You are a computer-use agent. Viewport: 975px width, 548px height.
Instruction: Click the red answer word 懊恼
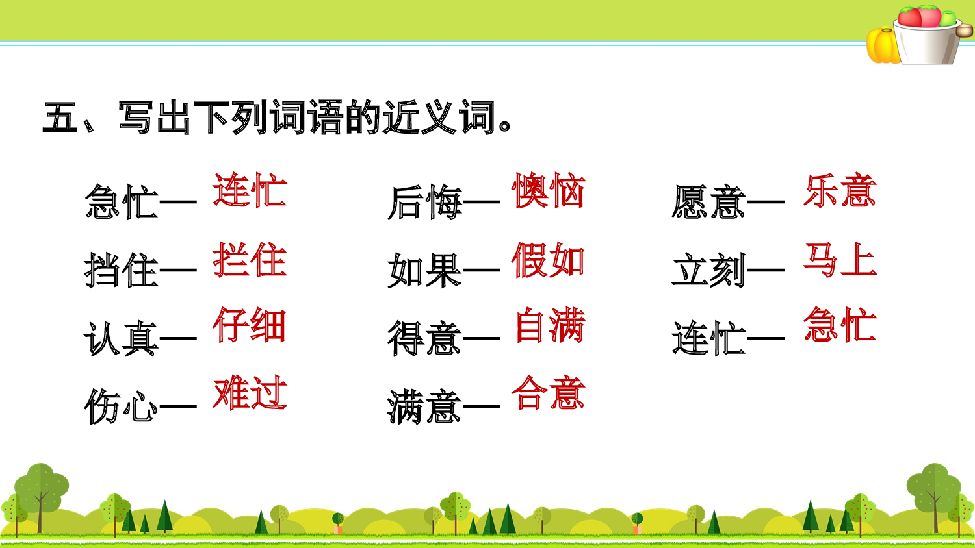pyautogui.click(x=549, y=191)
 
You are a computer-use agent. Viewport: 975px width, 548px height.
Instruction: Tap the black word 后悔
pyautogui.click(x=424, y=202)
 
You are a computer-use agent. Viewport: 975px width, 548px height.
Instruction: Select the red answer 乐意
pyautogui.click(x=840, y=191)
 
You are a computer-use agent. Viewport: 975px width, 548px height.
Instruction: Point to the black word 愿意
pyautogui.click(x=708, y=202)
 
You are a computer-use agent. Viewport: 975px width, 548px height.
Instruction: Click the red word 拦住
pyautogui.click(x=250, y=260)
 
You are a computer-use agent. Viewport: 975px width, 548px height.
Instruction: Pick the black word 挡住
pyautogui.click(x=122, y=270)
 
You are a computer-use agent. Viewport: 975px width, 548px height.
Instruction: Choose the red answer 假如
pyautogui.click(x=549, y=260)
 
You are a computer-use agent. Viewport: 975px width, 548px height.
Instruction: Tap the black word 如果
pyautogui.click(x=424, y=270)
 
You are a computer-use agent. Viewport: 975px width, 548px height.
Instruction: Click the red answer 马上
pyautogui.click(x=840, y=260)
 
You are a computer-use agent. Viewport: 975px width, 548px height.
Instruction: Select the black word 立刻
pyautogui.click(x=708, y=270)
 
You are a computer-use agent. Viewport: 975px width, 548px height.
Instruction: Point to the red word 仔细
pyautogui.click(x=250, y=325)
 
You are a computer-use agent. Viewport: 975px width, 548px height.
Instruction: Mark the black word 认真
pyautogui.click(x=122, y=339)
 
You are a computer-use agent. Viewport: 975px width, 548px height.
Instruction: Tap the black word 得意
pyautogui.click(x=424, y=339)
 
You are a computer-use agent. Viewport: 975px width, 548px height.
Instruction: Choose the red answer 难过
pyautogui.click(x=250, y=393)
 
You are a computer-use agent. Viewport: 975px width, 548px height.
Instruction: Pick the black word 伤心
pyautogui.click(x=122, y=407)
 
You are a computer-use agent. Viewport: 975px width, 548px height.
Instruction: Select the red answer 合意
pyautogui.click(x=549, y=393)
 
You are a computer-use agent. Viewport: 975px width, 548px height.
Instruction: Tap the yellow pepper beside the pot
pyautogui.click(x=882, y=45)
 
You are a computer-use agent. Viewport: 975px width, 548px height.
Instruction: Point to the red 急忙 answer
pyautogui.click(x=840, y=325)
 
